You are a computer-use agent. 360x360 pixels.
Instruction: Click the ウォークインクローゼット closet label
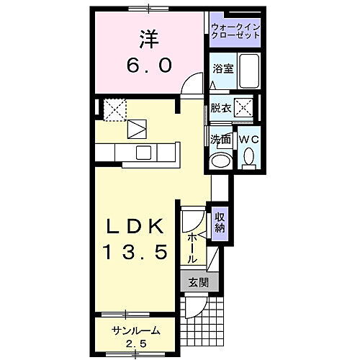click(236, 31)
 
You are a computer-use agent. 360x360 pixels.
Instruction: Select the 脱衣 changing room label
click(220, 108)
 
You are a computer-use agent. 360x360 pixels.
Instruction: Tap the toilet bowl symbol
click(248, 156)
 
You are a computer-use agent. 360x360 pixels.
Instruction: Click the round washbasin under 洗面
click(220, 159)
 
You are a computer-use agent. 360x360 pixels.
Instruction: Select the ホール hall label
click(192, 246)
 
